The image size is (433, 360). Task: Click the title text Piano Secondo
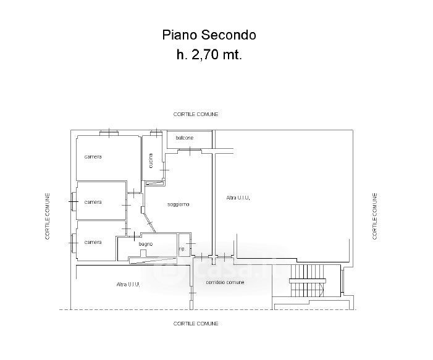[209, 35]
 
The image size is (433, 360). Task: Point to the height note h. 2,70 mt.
[209, 54]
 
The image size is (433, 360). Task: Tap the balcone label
[184, 138]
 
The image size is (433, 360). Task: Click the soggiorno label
[178, 204]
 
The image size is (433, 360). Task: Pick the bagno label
[146, 245]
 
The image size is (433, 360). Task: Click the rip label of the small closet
[182, 249]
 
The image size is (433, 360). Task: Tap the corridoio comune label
[225, 282]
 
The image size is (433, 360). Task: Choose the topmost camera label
[93, 157]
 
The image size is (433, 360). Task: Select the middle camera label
[93, 202]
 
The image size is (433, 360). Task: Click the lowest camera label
[93, 242]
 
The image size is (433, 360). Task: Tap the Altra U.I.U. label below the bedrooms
[128, 285]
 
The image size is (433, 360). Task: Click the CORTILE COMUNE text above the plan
[196, 114]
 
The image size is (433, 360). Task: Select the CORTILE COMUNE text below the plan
[196, 324]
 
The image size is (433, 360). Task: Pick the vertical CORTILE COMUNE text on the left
[47, 216]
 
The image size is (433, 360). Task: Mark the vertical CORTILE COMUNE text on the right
[374, 216]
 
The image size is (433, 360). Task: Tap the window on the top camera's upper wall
[109, 132]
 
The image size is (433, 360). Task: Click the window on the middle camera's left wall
[74, 201]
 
